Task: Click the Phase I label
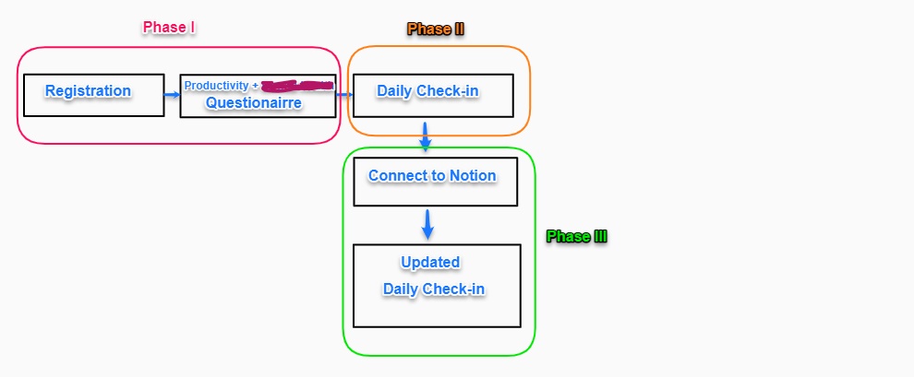(x=168, y=28)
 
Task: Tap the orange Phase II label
(x=435, y=29)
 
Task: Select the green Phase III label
(x=576, y=237)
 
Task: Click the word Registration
(x=88, y=91)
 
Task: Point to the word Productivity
(x=216, y=86)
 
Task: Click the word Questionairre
(x=254, y=103)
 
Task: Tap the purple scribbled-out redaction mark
(x=296, y=86)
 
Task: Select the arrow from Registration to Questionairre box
(x=172, y=94)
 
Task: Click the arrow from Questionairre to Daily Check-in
(x=343, y=94)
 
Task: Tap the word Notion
(x=473, y=176)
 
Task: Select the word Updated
(x=430, y=263)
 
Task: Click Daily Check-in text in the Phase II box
(x=427, y=91)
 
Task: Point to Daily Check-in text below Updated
(x=434, y=289)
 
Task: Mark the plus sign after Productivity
(x=255, y=86)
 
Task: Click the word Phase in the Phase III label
(x=565, y=237)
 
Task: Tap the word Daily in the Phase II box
(x=395, y=91)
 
